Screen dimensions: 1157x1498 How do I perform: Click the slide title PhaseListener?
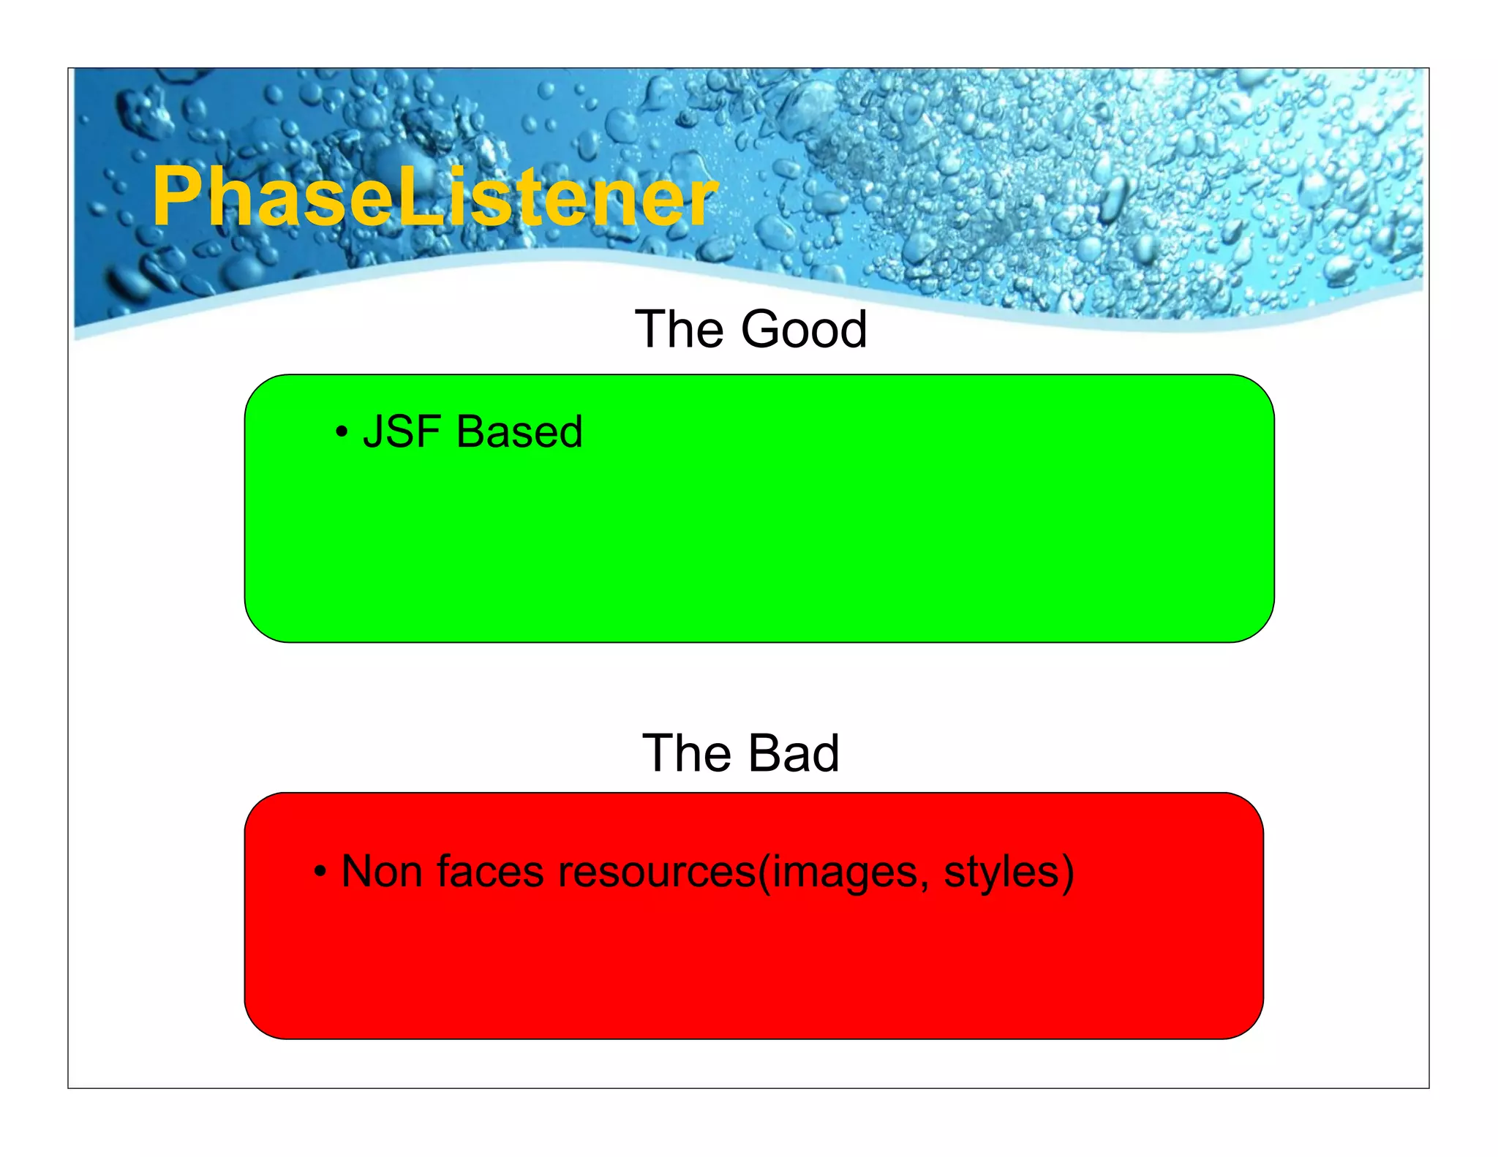(x=434, y=196)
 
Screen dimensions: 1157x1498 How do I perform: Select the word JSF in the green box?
(x=402, y=431)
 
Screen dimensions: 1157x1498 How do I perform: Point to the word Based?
(x=519, y=431)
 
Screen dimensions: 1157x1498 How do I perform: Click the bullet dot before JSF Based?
(x=341, y=432)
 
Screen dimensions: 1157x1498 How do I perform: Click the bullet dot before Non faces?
(x=320, y=872)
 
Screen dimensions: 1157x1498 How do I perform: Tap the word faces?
(x=491, y=872)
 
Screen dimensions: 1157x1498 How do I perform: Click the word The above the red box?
(x=686, y=753)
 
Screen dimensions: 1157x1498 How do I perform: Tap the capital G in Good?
(x=764, y=329)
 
